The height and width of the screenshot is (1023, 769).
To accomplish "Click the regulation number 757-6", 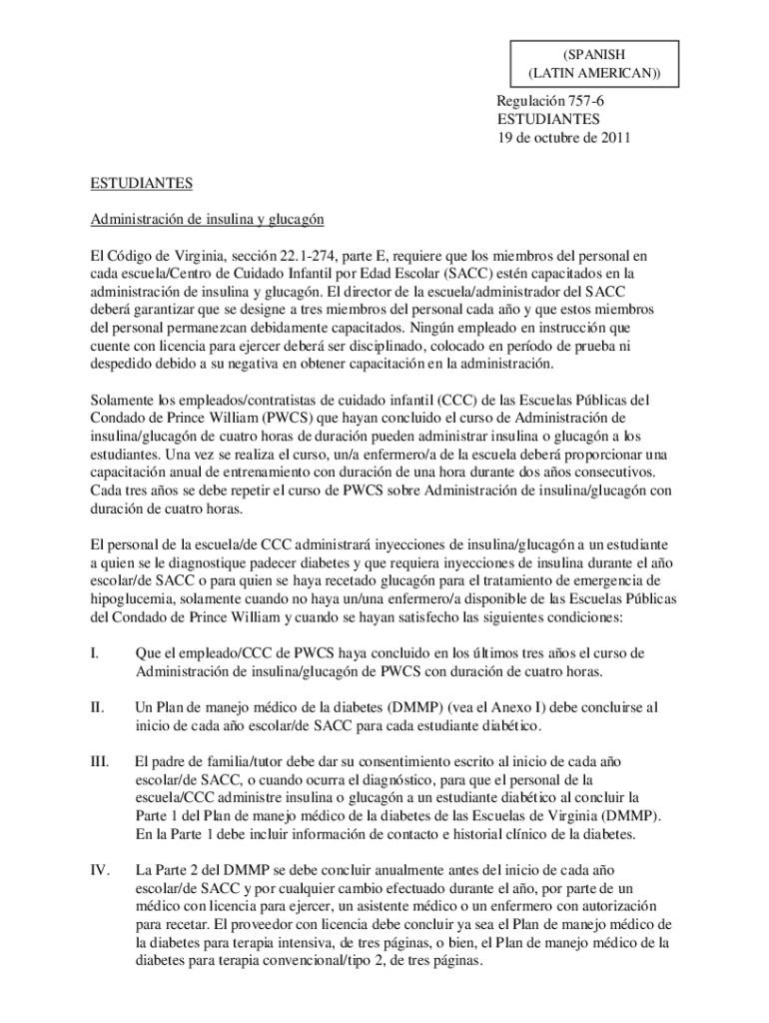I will tap(597, 101).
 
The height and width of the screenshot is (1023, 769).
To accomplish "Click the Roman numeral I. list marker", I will tap(94, 653).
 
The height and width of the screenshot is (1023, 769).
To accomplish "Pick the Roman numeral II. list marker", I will tap(97, 707).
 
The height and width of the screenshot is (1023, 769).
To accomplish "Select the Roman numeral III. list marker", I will tap(99, 761).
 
